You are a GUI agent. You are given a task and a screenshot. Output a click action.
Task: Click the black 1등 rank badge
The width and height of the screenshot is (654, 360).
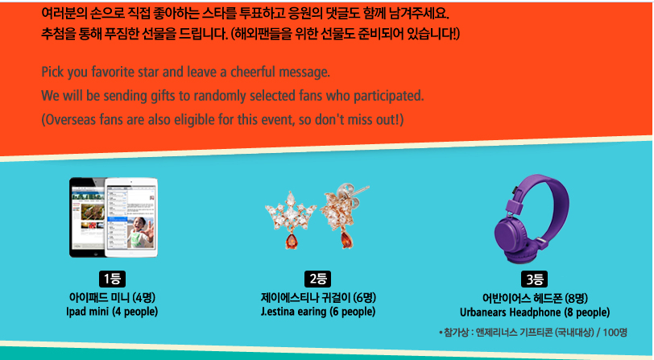(x=112, y=279)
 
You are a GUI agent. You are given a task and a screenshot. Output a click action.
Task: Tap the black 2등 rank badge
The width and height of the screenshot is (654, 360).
(x=318, y=279)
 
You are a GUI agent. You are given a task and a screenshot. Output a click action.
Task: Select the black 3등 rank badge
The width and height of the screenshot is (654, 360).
(x=534, y=279)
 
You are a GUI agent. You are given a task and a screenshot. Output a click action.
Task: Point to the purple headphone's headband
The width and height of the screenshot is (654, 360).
(x=555, y=196)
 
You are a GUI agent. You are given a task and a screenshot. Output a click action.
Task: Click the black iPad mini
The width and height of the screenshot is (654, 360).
(x=87, y=217)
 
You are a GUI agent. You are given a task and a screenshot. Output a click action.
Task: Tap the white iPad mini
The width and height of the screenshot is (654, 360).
(x=131, y=217)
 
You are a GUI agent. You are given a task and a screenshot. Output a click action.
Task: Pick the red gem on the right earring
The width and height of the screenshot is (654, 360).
(x=346, y=240)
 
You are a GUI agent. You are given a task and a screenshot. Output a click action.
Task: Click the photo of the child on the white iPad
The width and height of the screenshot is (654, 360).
(x=140, y=233)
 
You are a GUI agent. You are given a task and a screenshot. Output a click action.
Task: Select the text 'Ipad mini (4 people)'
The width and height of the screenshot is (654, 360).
(x=112, y=312)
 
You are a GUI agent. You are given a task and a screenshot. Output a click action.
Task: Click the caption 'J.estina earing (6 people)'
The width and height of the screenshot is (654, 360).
(x=318, y=312)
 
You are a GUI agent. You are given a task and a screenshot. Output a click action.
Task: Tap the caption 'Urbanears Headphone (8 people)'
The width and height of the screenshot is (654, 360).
(x=535, y=312)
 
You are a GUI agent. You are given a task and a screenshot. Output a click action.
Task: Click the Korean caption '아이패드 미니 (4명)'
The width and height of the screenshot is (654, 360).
(x=112, y=298)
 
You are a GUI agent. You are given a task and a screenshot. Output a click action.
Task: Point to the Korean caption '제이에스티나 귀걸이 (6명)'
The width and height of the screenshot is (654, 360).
(x=318, y=298)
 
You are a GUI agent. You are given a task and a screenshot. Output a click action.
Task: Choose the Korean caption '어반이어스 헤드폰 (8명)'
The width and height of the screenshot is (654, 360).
(x=535, y=298)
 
